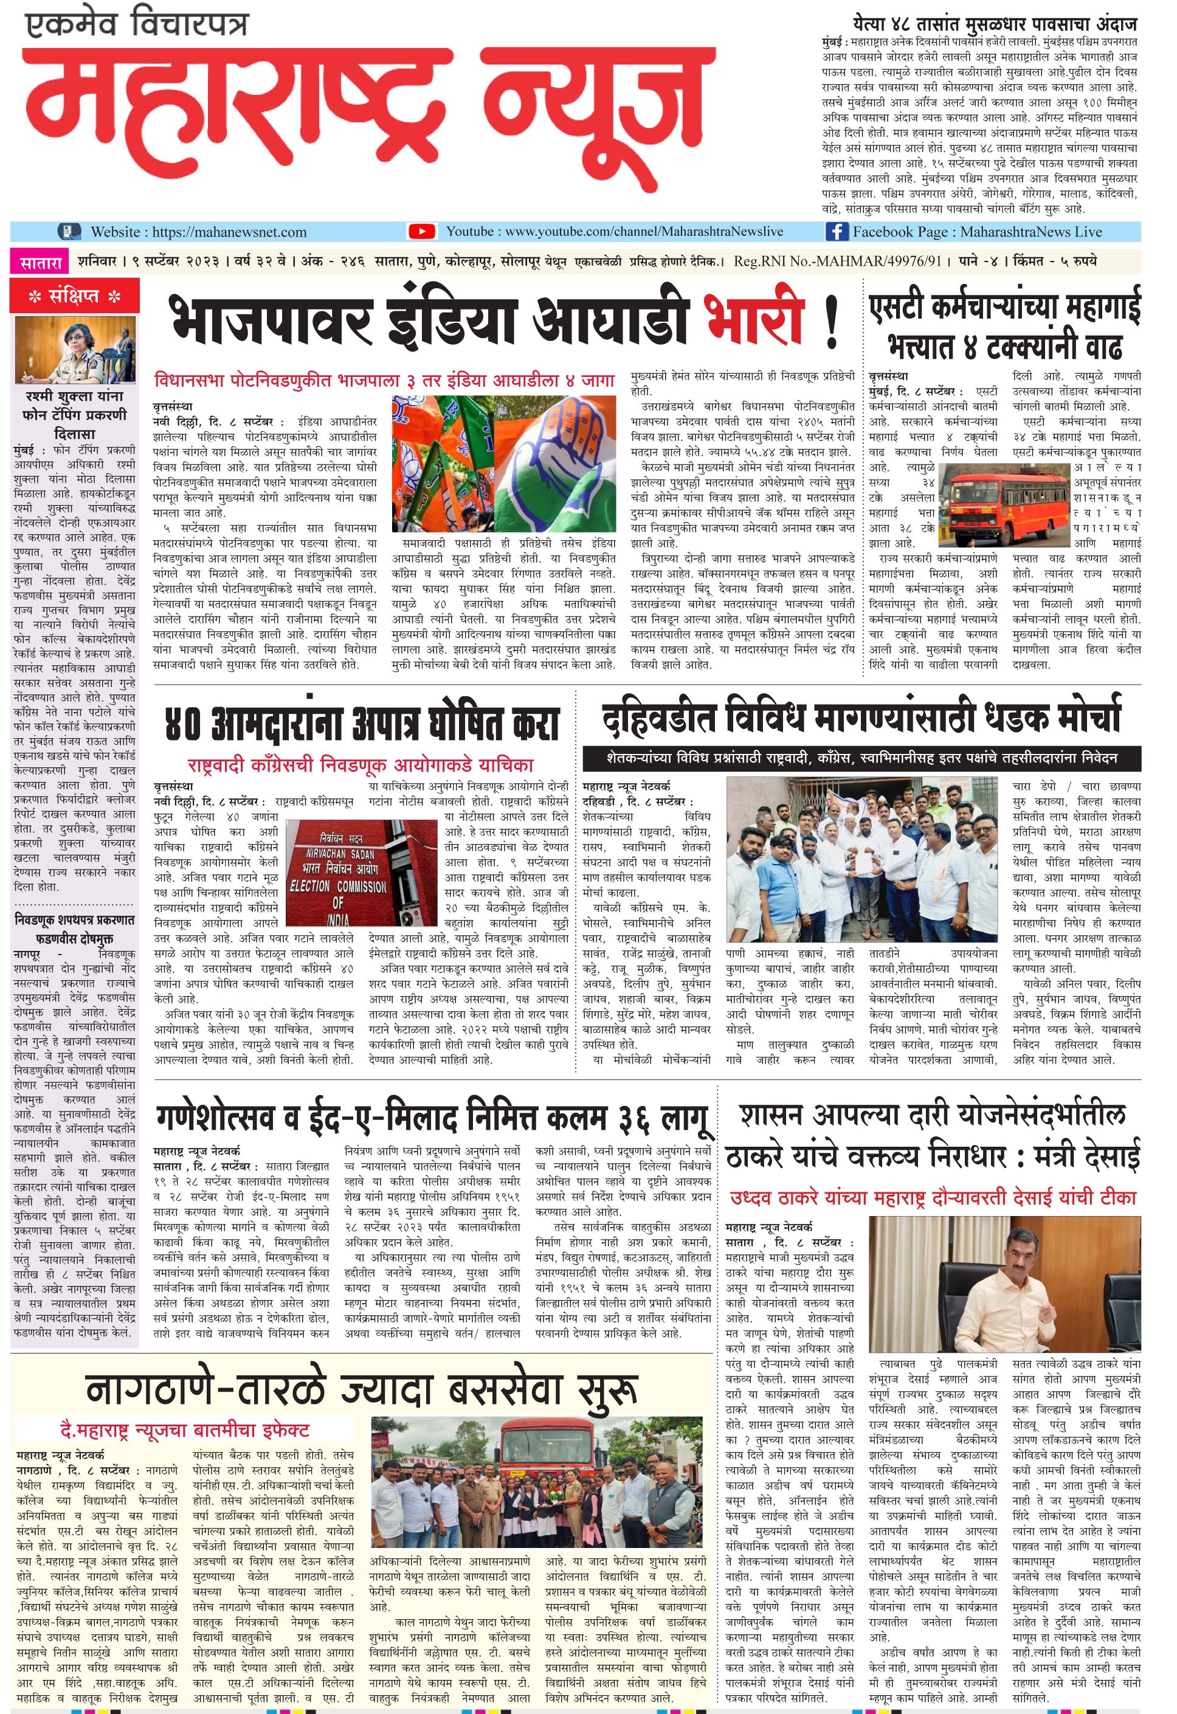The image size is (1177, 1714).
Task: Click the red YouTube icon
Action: tap(421, 232)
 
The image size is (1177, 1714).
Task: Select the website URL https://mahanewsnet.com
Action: tap(229, 232)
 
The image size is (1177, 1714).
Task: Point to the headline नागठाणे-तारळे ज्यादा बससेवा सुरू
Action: tap(361, 1390)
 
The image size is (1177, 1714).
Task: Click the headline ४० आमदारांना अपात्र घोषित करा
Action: tap(361, 724)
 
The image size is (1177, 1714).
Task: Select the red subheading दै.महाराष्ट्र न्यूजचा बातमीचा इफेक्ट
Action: tap(184, 1430)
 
